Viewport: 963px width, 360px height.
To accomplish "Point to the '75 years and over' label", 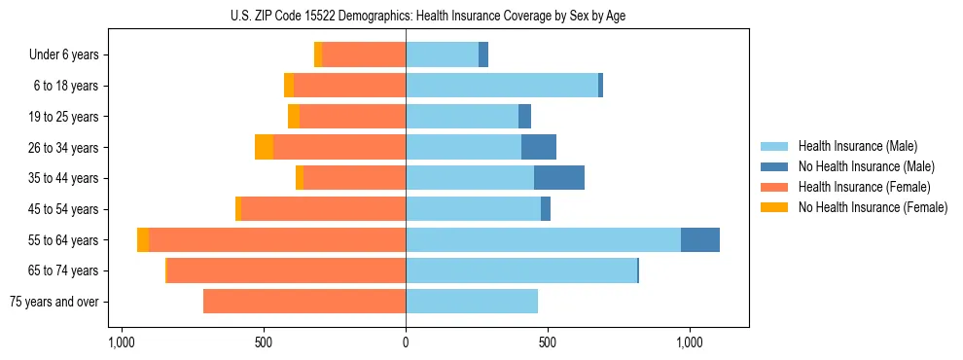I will coord(54,302).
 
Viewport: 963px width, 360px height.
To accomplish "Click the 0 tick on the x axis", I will coord(406,342).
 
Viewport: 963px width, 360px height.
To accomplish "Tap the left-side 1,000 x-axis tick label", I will coord(122,342).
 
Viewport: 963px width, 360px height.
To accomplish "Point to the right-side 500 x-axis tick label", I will coord(548,342).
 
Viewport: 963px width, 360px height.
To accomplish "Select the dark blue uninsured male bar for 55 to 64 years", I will coord(700,239).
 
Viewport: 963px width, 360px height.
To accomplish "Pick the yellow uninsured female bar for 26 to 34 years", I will coord(264,147).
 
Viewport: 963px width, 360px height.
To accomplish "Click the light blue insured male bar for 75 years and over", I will coord(472,302).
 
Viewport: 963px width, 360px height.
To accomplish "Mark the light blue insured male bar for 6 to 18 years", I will coord(502,86).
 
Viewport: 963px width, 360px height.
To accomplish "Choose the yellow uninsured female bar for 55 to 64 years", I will coord(143,239).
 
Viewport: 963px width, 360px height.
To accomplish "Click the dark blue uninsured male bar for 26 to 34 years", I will coord(539,147).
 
